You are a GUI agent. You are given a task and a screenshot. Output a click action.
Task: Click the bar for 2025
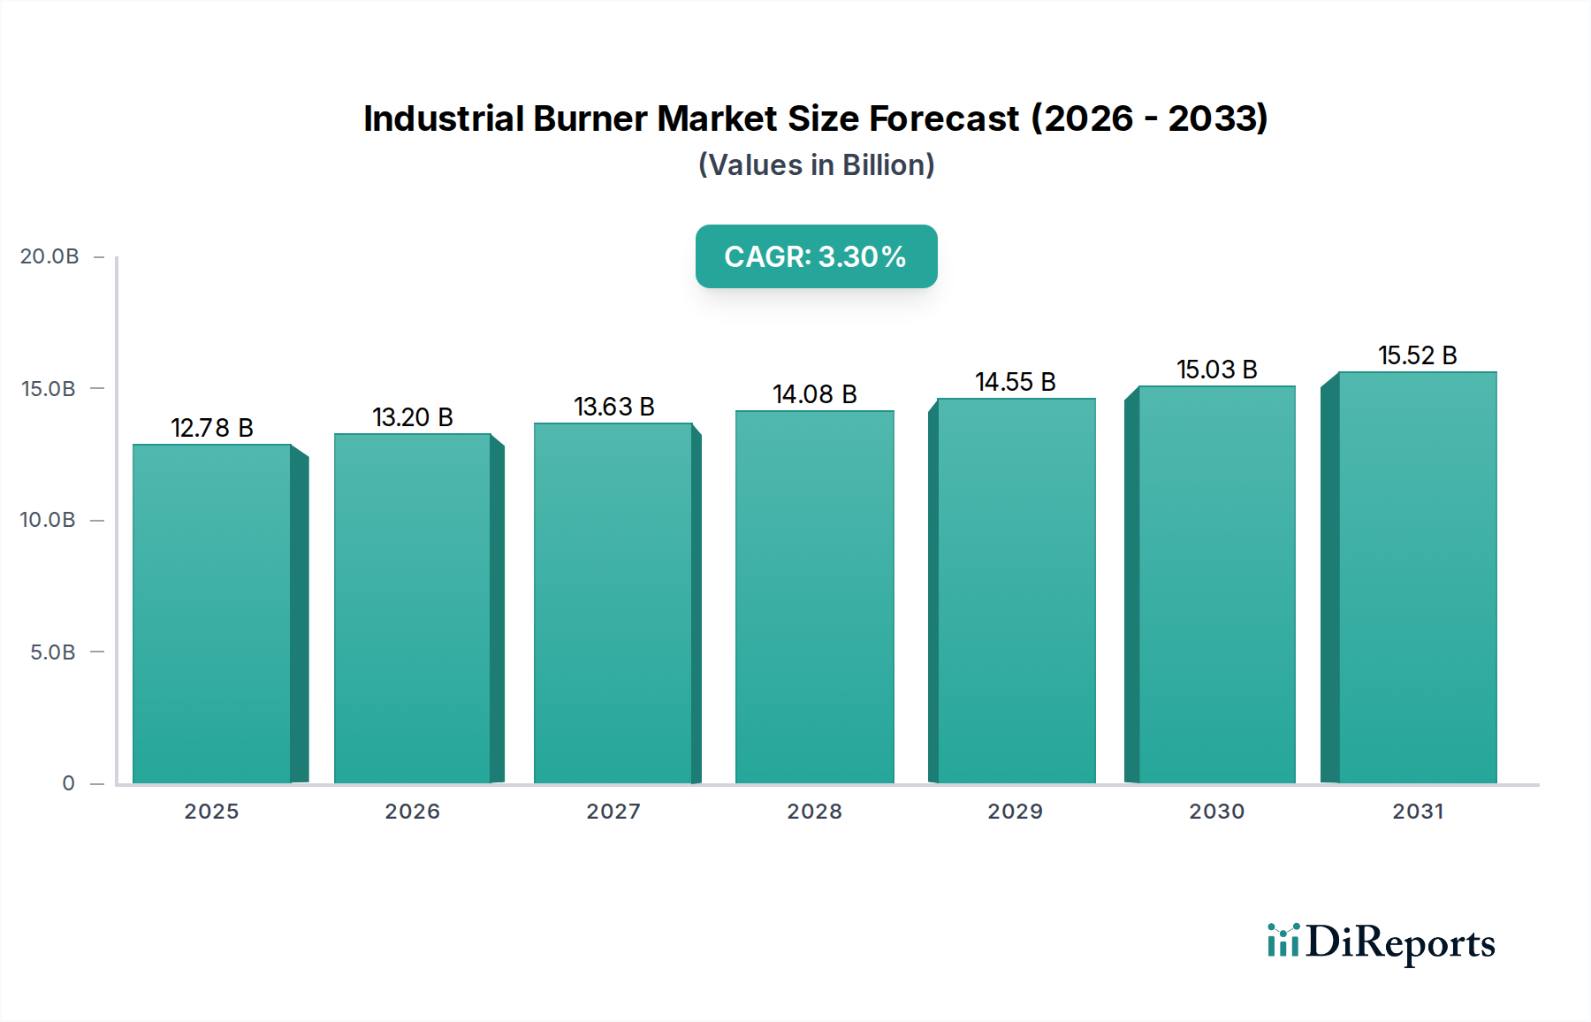pos(212,614)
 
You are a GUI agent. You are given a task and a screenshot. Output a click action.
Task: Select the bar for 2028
pos(814,597)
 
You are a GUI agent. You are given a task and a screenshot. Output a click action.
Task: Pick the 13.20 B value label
pos(413,417)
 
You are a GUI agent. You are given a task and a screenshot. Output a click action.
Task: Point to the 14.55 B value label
pos(1016,382)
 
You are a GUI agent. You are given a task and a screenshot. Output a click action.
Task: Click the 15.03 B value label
pos(1216,370)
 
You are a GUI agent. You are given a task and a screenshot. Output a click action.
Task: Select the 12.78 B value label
pos(212,428)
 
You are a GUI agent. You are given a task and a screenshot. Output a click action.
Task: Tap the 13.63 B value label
pos(614,407)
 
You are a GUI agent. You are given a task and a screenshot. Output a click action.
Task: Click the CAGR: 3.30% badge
pos(816,256)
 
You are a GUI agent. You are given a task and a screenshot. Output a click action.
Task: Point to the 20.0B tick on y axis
pos(49,256)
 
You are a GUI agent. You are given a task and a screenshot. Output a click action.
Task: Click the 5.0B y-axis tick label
pos(52,652)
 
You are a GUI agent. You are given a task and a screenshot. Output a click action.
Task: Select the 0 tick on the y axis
pos(68,783)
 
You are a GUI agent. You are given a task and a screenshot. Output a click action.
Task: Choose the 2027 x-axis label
pos(613,812)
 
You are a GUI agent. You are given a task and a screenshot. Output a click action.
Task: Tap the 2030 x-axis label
pos(1216,812)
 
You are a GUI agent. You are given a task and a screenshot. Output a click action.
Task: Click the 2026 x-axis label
pos(412,812)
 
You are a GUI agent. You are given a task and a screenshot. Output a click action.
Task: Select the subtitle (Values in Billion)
pos(816,165)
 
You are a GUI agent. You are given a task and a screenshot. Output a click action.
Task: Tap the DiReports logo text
pos(1400,942)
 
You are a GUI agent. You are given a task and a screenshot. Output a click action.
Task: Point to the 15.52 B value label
pos(1417,355)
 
